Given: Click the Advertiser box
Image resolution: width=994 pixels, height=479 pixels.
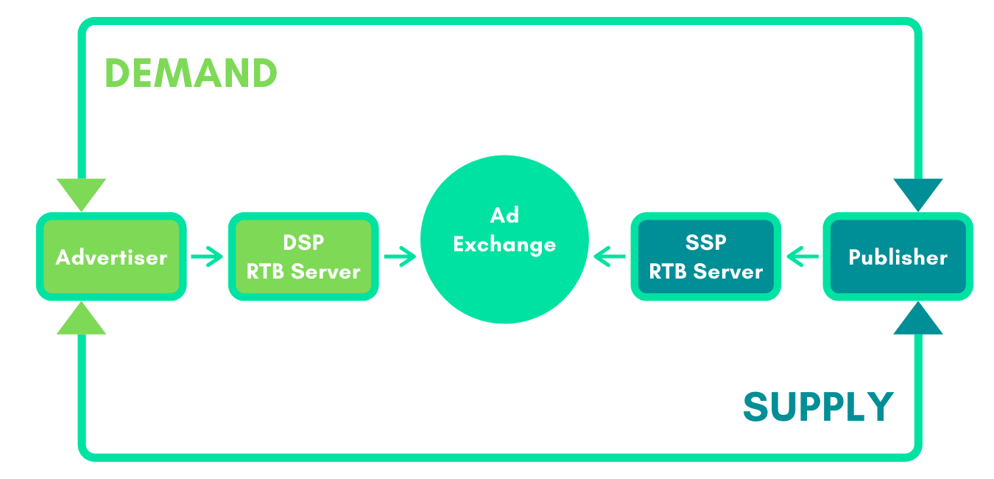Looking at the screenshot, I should coord(111,257).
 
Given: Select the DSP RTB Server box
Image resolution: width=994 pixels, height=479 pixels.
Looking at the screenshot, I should coord(303,257).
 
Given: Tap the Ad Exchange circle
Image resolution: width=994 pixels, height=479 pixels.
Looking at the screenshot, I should coord(504,239).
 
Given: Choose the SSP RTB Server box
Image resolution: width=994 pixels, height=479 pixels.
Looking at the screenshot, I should coord(706,257).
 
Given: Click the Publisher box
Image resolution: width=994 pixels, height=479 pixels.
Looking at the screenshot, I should coord(898,257).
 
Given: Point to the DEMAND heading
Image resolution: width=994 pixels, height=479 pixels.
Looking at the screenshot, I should coord(191,74).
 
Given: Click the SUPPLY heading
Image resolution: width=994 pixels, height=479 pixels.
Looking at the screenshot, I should coord(818,406).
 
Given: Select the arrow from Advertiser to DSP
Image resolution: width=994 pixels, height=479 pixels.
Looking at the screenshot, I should coord(207,257).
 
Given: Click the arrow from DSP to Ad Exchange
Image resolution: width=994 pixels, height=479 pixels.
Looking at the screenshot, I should coord(400,257).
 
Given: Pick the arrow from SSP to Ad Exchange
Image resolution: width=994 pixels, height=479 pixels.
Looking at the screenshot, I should coord(610,257).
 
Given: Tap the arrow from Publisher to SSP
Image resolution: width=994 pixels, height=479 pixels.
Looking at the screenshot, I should coord(802,257).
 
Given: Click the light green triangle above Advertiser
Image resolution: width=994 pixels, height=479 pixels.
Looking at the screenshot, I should coord(82,195).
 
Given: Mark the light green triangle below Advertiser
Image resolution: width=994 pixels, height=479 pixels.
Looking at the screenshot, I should coord(82,320).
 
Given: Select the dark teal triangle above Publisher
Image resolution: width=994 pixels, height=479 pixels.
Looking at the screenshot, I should coord(917,195).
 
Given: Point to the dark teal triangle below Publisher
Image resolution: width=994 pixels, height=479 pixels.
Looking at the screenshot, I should coord(917,320).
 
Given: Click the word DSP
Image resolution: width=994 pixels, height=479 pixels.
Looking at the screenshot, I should coord(303,243).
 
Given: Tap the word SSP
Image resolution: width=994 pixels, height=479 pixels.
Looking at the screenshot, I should coord(706,243).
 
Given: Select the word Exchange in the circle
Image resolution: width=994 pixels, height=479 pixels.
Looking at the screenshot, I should coord(504,245).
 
